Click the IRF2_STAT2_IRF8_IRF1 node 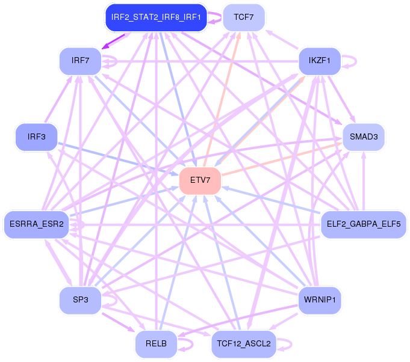point(156,17)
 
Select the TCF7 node point(244,17)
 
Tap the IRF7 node point(80,61)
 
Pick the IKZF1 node point(320,61)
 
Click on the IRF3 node point(36,137)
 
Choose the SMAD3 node point(363,137)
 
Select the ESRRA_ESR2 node point(36,225)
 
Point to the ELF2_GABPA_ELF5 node point(363,225)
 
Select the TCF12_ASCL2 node point(244,345)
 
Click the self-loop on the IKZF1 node point(353,61)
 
